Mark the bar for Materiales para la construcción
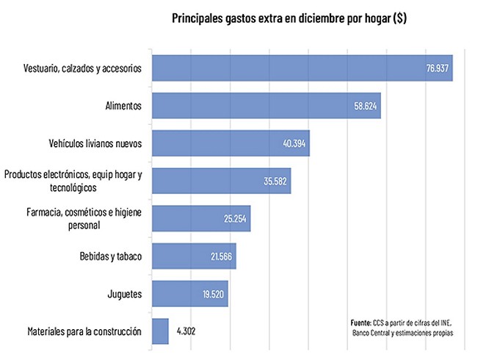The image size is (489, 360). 160,331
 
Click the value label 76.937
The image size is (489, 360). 438,69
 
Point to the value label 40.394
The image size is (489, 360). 294,143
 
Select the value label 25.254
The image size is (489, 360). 236,219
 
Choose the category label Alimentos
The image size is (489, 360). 123,106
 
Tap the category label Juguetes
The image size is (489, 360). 124,294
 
